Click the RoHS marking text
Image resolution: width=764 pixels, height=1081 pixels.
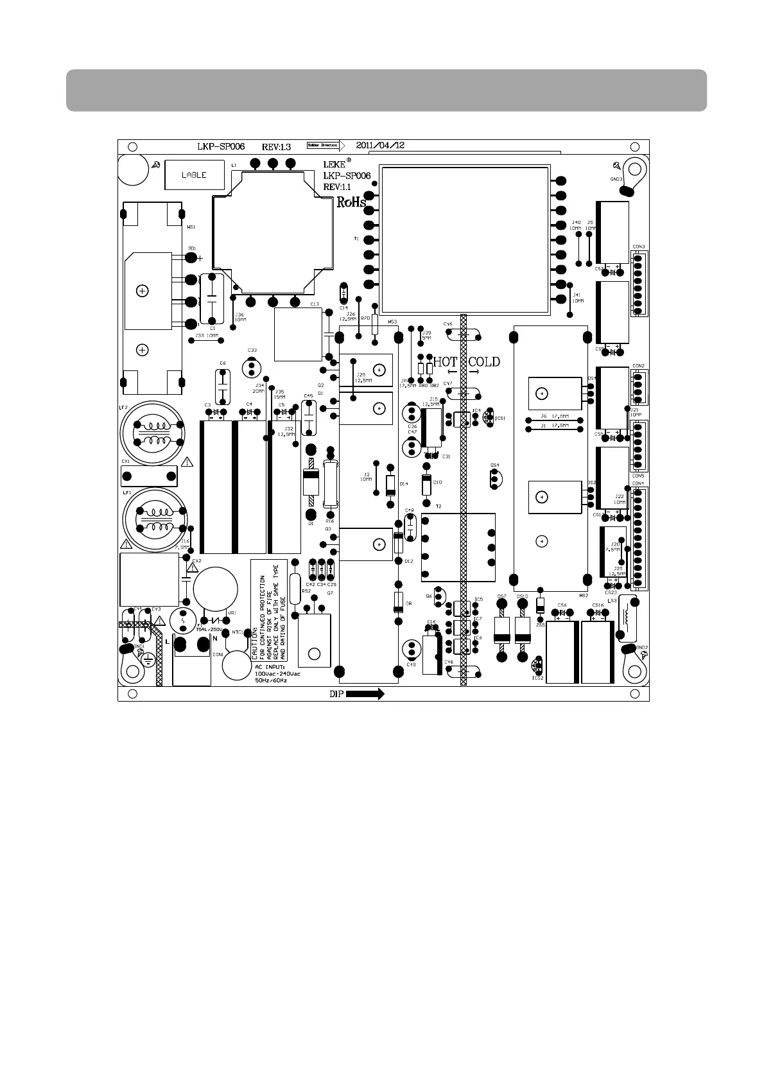[x=351, y=203]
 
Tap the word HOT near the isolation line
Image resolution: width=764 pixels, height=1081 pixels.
[x=445, y=362]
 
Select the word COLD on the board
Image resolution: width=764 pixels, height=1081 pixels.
[x=484, y=362]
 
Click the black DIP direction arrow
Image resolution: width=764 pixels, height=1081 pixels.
[x=365, y=694]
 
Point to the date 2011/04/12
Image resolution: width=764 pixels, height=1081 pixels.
[x=381, y=146]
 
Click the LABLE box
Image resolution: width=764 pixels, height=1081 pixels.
[x=195, y=175]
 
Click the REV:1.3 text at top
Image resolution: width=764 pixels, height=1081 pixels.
[x=276, y=146]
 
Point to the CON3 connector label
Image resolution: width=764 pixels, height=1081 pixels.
[x=638, y=246]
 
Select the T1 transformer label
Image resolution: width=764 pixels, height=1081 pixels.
[x=356, y=239]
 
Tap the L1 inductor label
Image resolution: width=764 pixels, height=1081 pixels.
[x=234, y=165]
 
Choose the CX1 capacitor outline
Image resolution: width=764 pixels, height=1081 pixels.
[x=149, y=476]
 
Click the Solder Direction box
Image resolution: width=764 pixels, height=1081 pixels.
[x=322, y=146]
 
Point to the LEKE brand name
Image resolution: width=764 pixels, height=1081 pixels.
[x=334, y=164]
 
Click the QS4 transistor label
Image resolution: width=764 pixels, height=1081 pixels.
[x=494, y=465]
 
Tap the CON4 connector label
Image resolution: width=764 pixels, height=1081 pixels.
[x=638, y=483]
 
